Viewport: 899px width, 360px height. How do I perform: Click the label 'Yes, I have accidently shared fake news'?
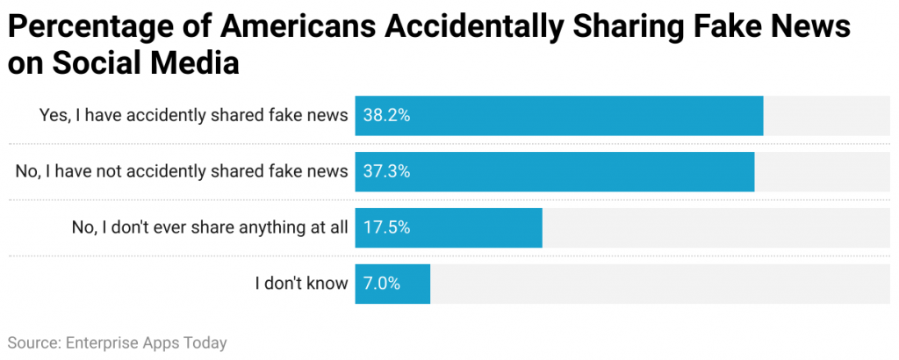click(193, 116)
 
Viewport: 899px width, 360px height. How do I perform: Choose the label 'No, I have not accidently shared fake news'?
click(182, 172)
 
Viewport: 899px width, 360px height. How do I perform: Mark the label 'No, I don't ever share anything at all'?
click(210, 228)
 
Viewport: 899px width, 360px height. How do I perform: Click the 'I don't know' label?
click(301, 284)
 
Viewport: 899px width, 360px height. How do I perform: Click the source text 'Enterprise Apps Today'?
click(146, 342)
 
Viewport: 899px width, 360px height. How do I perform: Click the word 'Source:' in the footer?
click(33, 342)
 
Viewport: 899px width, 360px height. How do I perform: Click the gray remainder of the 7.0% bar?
click(663, 284)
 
